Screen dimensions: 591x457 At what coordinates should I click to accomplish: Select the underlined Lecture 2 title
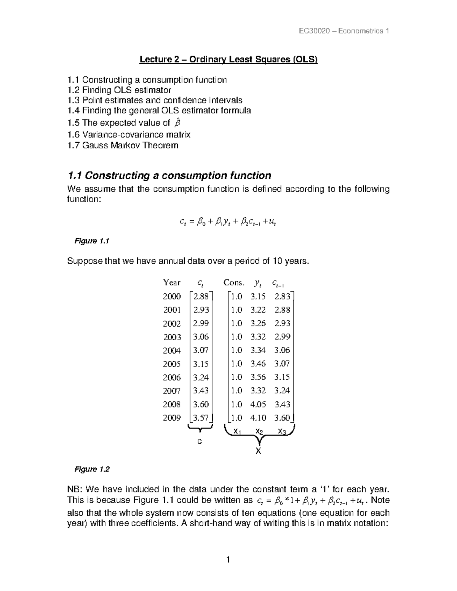228,59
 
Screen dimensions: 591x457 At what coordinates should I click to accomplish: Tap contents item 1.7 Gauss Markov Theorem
123,145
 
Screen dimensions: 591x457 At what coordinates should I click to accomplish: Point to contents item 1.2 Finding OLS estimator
119,90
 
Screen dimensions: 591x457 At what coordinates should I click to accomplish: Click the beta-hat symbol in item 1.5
176,123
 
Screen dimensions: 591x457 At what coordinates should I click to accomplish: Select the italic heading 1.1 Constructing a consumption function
169,175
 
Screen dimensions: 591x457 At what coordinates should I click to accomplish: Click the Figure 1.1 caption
92,241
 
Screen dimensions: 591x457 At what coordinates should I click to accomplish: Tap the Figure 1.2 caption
92,469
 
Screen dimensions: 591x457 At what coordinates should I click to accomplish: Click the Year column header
172,283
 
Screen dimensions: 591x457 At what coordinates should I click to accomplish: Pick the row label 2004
172,350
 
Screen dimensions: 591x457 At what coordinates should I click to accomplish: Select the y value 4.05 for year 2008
258,404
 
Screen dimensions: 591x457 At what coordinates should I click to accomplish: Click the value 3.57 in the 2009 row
201,418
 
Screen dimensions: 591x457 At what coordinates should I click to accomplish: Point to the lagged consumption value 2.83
282,296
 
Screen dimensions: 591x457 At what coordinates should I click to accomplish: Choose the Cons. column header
233,283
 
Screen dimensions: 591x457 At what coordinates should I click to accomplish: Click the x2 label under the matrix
259,431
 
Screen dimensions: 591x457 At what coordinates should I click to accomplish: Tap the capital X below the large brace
259,451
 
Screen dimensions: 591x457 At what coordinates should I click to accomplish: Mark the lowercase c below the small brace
199,441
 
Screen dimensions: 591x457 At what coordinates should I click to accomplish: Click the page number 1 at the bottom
228,560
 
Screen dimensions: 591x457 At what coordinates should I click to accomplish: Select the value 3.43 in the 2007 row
201,390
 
